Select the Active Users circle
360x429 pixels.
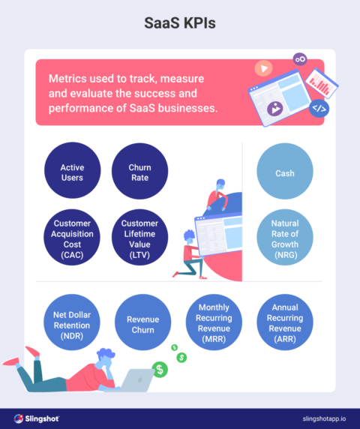[72, 172]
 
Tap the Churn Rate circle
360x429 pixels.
[139, 172]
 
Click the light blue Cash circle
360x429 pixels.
[285, 172]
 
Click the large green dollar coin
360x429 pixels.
[160, 369]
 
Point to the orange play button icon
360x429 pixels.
[262, 69]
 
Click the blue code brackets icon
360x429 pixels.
[319, 108]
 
